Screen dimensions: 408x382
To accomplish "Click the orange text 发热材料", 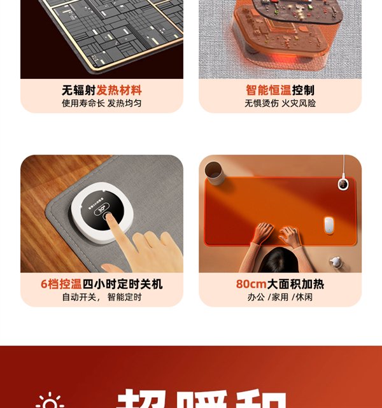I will pos(119,90).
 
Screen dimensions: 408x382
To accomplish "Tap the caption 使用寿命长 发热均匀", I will pos(102,103).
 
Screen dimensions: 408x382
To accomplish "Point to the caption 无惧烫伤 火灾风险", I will pos(280,103).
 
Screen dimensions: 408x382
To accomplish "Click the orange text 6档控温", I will pos(61,284).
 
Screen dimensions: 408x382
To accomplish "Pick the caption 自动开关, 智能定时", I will pos(102,297).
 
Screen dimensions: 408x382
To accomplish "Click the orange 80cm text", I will pos(250,284).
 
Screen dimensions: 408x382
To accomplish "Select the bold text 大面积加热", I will pos(295,284).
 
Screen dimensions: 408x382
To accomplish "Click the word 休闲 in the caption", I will pos(303,297).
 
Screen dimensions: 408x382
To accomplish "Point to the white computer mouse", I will pos(329,225).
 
